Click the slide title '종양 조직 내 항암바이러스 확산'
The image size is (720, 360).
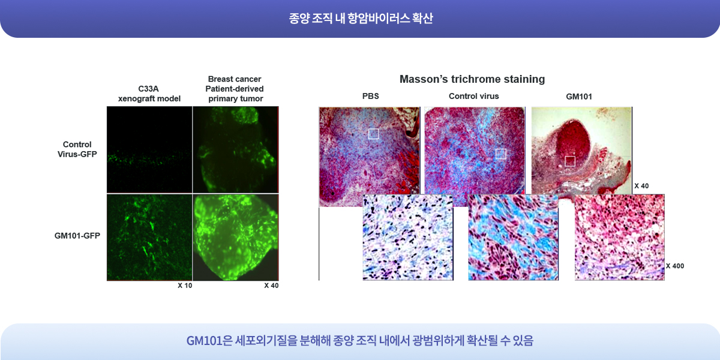click(361, 19)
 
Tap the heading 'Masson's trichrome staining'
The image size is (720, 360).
click(472, 79)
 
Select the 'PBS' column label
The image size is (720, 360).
click(371, 96)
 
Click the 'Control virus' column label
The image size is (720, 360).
click(474, 96)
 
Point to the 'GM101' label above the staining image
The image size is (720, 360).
click(579, 97)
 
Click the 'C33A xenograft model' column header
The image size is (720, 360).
click(149, 94)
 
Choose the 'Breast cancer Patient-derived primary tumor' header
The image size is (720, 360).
click(235, 89)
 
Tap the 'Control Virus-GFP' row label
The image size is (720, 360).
click(77, 149)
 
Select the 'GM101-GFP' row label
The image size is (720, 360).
click(77, 236)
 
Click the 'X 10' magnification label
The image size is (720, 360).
click(185, 286)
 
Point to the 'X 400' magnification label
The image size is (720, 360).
click(674, 266)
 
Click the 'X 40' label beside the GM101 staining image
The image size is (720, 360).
click(641, 186)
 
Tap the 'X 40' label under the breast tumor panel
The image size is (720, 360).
click(271, 286)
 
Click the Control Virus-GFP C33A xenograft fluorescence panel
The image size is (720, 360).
click(149, 150)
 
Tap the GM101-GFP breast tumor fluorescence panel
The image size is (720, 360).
click(236, 237)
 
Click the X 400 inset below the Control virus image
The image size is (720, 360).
click(513, 238)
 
